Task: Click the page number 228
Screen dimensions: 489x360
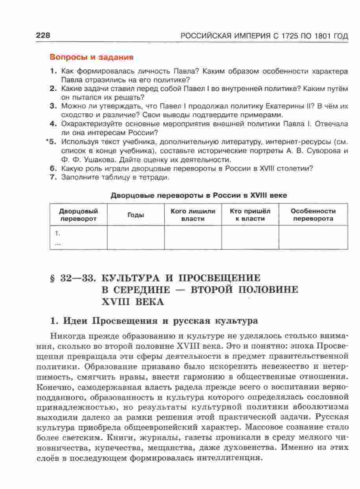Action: [43, 36]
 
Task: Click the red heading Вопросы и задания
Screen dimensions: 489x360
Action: [92, 57]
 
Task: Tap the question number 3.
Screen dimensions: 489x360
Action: [54, 106]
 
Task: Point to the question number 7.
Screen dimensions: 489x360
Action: [54, 177]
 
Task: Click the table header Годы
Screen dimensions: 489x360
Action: [136, 215]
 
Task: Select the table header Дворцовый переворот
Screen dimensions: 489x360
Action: [79, 215]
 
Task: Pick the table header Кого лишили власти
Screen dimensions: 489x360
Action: [193, 215]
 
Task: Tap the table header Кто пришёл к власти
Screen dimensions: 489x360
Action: [250, 215]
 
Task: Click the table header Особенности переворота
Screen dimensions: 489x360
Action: [313, 215]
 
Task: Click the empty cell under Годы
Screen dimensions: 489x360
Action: [136, 237]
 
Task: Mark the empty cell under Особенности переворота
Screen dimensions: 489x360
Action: [313, 237]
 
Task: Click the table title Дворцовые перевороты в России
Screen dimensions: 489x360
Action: [198, 196]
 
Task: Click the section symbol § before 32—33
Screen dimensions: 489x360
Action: [53, 278]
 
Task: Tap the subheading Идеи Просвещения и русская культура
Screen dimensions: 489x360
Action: [154, 321]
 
